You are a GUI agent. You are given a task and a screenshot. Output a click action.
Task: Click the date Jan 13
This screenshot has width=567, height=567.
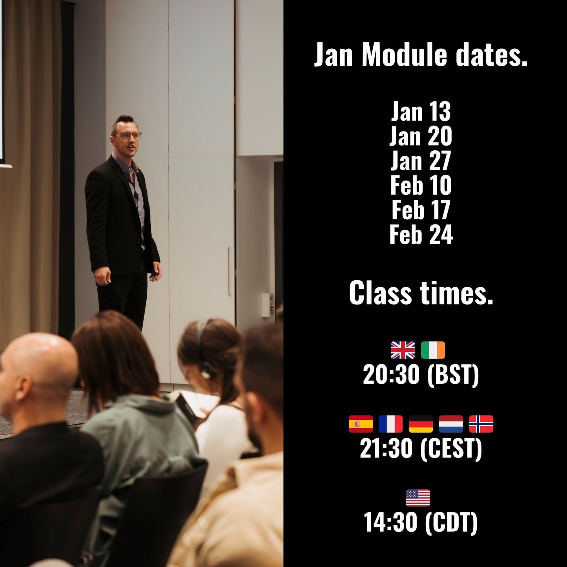coord(421,112)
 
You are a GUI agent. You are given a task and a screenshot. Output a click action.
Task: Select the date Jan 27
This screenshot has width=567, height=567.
coord(421,161)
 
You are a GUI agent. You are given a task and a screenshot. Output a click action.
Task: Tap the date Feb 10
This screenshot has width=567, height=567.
coord(421,186)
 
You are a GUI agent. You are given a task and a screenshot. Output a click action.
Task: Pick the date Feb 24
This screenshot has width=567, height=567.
coord(421,235)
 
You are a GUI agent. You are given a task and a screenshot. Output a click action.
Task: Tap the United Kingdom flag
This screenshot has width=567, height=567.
coord(403,350)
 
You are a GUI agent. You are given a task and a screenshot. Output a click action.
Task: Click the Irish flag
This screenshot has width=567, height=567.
coord(433,350)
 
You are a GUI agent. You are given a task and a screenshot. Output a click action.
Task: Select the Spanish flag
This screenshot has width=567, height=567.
coord(361,424)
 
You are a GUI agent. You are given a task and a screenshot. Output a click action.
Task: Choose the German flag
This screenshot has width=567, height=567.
coord(421,424)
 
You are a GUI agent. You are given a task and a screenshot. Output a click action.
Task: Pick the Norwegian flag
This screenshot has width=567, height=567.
coord(481,424)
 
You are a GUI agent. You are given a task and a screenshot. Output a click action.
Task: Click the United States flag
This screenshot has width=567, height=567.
coord(418,498)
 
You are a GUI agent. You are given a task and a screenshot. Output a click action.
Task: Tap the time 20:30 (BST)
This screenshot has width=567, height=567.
coord(421,375)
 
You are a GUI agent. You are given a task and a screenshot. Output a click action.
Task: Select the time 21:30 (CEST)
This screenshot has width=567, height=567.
coord(421,448)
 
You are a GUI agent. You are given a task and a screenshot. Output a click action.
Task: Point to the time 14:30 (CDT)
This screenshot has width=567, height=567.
coord(421,522)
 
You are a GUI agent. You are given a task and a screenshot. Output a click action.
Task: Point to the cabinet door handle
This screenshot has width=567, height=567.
coord(229,271)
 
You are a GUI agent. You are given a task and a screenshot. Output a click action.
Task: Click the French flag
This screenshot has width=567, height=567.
coord(391,424)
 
